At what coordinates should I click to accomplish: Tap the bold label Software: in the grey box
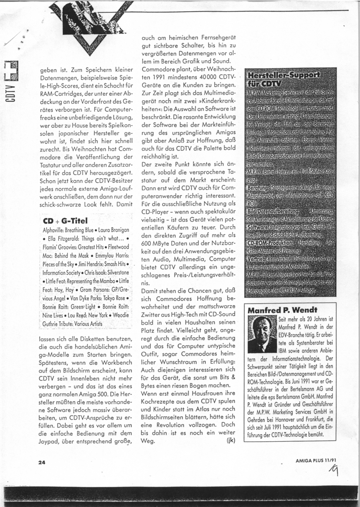pyautogui.click(x=260, y=227)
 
